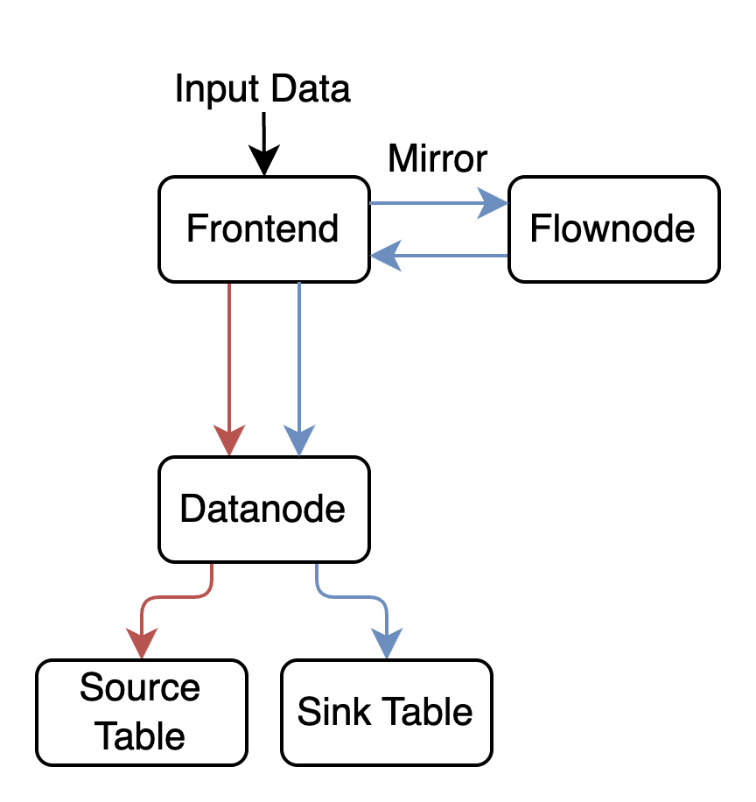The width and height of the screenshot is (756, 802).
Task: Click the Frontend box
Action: [x=263, y=229]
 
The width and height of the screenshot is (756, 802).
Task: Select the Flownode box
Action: [x=613, y=229]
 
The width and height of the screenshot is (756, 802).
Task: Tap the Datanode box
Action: [x=263, y=509]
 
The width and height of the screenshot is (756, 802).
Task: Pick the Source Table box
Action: [x=141, y=712]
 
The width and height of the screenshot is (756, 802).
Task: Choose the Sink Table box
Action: [x=386, y=712]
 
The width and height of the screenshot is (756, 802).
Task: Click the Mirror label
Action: [x=437, y=159]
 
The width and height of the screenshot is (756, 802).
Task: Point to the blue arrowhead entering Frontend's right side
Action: [x=381, y=256]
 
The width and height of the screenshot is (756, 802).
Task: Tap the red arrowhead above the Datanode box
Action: [x=229, y=441]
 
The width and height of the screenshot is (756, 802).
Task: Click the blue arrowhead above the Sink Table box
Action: [x=386, y=644]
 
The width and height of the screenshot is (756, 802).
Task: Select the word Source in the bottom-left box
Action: [x=140, y=688]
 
